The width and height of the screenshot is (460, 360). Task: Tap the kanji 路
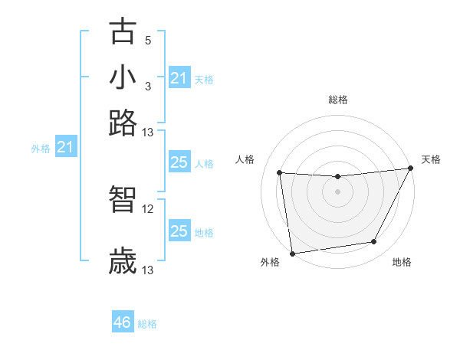(x=123, y=122)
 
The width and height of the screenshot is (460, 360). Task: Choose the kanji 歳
(x=123, y=260)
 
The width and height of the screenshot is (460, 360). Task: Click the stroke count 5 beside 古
(x=148, y=40)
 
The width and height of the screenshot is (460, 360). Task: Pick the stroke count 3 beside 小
(x=148, y=85)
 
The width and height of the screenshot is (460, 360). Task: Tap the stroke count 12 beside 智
(x=148, y=208)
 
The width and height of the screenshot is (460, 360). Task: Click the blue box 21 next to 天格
(x=179, y=78)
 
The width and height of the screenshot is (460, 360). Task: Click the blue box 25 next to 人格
(x=179, y=162)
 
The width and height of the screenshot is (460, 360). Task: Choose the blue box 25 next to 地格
(x=179, y=231)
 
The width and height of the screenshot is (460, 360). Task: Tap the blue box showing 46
(x=122, y=322)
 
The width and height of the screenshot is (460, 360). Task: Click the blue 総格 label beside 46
(x=147, y=324)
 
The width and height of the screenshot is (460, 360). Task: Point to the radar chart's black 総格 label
(x=337, y=100)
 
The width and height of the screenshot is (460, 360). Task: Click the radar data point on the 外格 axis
(x=292, y=253)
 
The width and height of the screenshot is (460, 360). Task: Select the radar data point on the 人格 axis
(x=280, y=173)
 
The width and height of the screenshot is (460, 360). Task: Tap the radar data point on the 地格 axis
(x=374, y=242)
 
